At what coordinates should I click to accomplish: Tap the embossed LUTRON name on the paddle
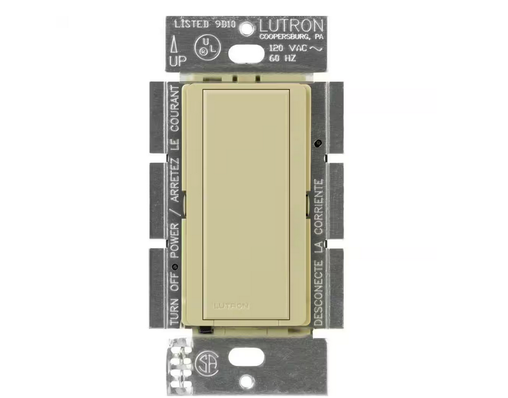click(x=232, y=305)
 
